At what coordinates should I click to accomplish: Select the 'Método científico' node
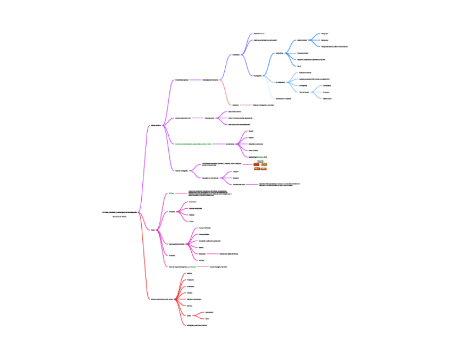[156, 126]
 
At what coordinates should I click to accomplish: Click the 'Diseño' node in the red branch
[189, 315]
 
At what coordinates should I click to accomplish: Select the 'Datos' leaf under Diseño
[207, 319]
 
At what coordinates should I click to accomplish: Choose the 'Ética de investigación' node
[181, 171]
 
